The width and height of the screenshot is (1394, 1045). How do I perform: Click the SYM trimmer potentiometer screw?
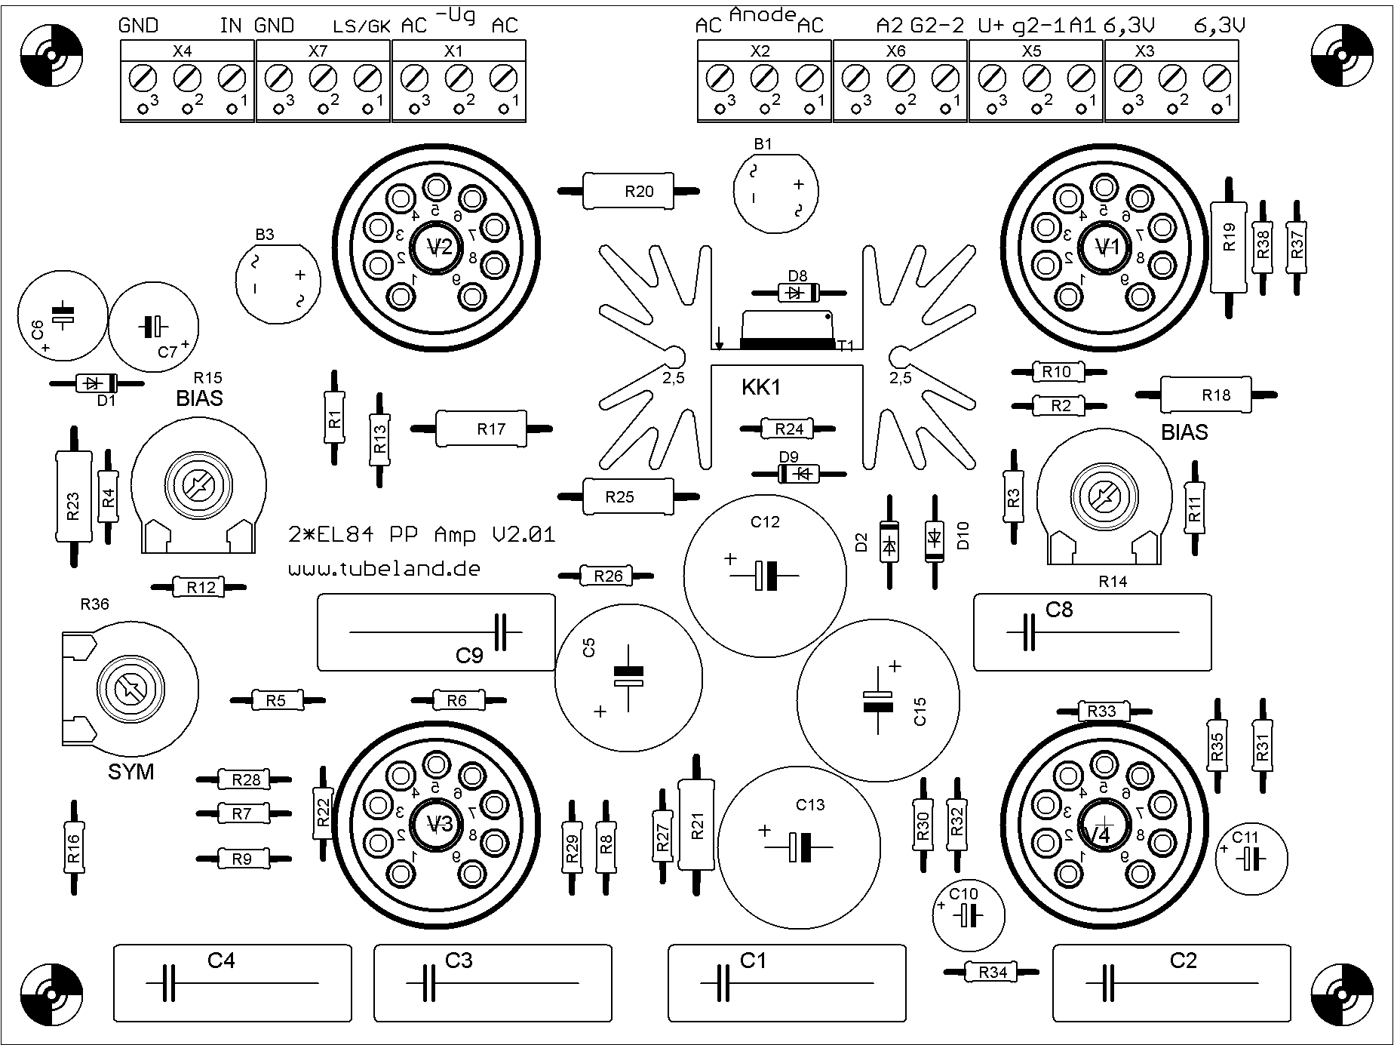pos(130,687)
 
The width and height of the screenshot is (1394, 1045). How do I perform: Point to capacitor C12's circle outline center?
pos(765,575)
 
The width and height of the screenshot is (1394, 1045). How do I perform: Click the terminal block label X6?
pos(895,51)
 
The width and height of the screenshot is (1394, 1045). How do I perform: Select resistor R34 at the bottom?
pos(992,972)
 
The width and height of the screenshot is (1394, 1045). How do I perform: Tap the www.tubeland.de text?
pos(384,569)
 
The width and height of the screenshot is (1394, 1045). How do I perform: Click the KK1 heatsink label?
pos(761,388)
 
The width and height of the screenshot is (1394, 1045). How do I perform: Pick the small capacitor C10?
pos(968,915)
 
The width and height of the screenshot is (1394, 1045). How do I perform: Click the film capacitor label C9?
pos(468,656)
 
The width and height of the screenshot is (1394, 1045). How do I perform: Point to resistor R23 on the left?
pos(73,496)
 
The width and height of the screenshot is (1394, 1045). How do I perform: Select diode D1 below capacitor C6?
pos(97,383)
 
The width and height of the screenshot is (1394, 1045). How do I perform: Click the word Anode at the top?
pos(763,14)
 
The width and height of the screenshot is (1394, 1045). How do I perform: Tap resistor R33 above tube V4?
pos(1102,711)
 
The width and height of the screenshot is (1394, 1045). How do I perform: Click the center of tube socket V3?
pos(437,822)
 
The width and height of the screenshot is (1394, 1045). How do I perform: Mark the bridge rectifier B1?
pos(775,193)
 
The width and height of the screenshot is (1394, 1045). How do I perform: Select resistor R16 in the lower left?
pos(73,847)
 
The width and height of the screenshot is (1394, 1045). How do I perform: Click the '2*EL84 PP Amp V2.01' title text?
pos(422,535)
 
